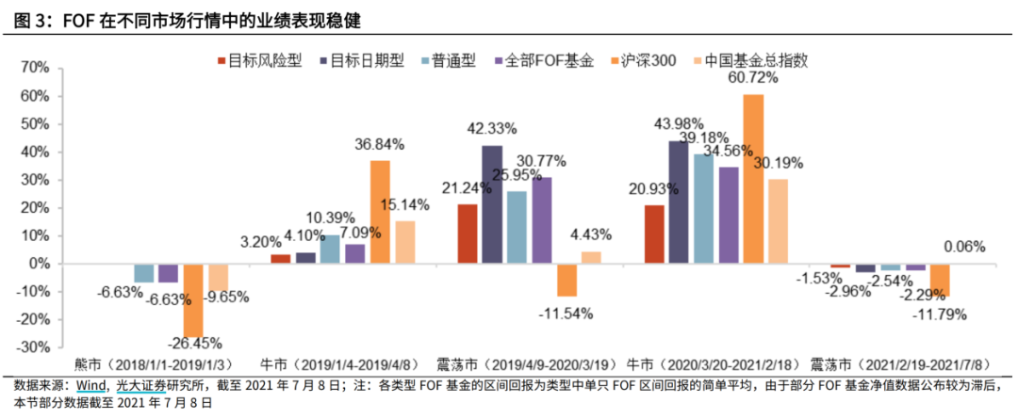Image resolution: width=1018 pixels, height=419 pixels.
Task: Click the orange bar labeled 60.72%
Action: tap(753, 179)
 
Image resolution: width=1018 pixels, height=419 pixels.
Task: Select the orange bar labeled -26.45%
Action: tap(192, 300)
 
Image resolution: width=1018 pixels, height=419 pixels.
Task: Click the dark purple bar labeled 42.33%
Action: tap(492, 204)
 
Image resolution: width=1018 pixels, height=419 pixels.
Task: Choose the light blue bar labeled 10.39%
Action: tap(330, 250)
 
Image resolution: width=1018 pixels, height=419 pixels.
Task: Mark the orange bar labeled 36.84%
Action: tap(379, 212)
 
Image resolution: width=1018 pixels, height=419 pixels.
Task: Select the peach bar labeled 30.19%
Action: tap(778, 221)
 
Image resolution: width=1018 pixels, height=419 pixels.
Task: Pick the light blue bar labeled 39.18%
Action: tap(703, 209)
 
